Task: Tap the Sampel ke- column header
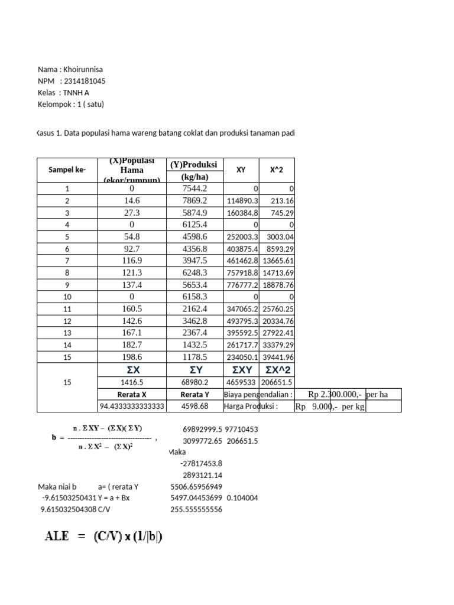click(67, 170)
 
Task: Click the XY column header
click(241, 170)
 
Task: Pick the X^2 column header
click(277, 170)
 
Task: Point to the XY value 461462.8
click(242, 261)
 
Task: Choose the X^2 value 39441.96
click(277, 357)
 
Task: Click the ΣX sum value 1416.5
click(132, 382)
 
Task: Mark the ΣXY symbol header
click(241, 370)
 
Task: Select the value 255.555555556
click(195, 510)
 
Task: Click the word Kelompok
click(56, 105)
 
